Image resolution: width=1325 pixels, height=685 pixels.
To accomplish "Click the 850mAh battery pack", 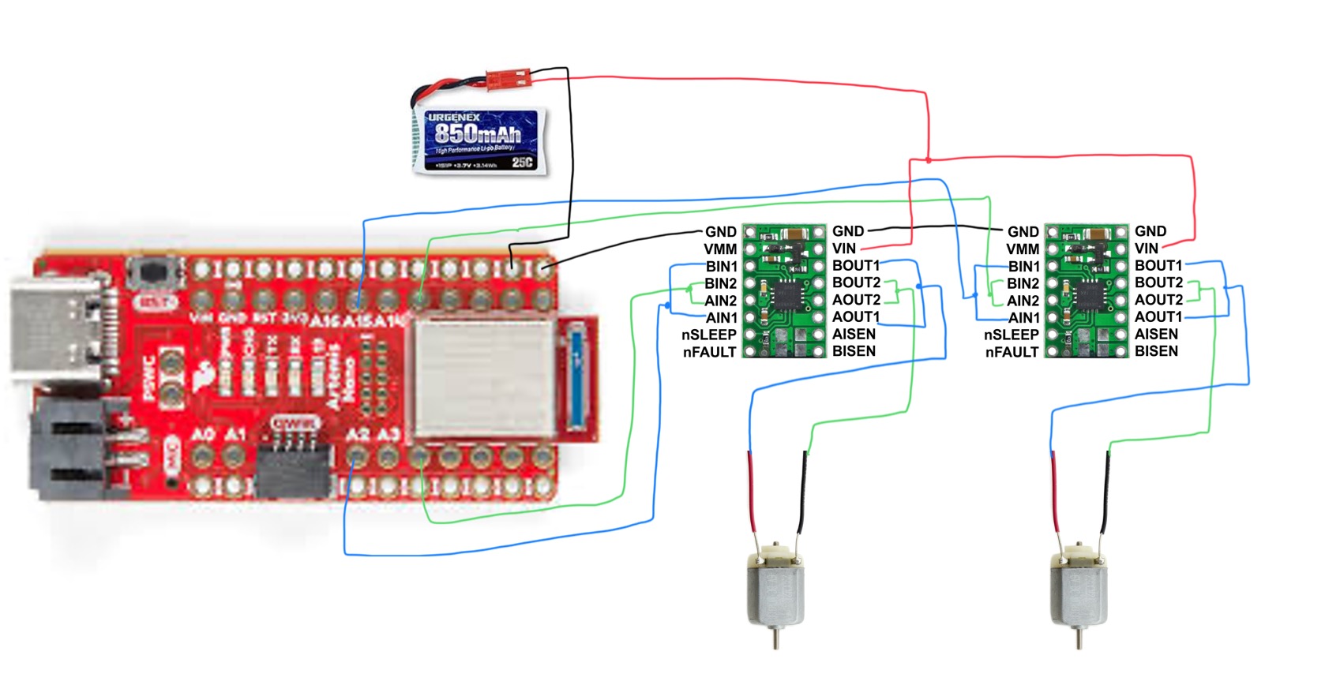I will click(480, 140).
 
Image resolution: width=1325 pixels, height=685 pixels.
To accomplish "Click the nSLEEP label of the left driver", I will click(709, 335).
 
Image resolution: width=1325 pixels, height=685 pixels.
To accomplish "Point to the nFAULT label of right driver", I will click(1012, 352).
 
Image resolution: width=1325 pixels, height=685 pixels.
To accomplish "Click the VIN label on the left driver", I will click(844, 249).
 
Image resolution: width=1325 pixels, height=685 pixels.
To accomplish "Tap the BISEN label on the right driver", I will click(1156, 351).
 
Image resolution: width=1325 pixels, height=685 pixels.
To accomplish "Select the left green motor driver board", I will click(784, 290).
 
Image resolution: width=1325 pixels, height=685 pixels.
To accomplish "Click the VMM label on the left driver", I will click(720, 249).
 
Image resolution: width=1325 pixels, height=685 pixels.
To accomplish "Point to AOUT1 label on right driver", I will click(1158, 316).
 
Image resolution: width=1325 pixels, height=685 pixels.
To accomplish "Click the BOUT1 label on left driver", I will click(856, 265).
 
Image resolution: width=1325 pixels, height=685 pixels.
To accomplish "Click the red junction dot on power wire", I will click(929, 160).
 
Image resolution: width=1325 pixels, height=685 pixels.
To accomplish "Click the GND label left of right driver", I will click(1023, 231).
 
